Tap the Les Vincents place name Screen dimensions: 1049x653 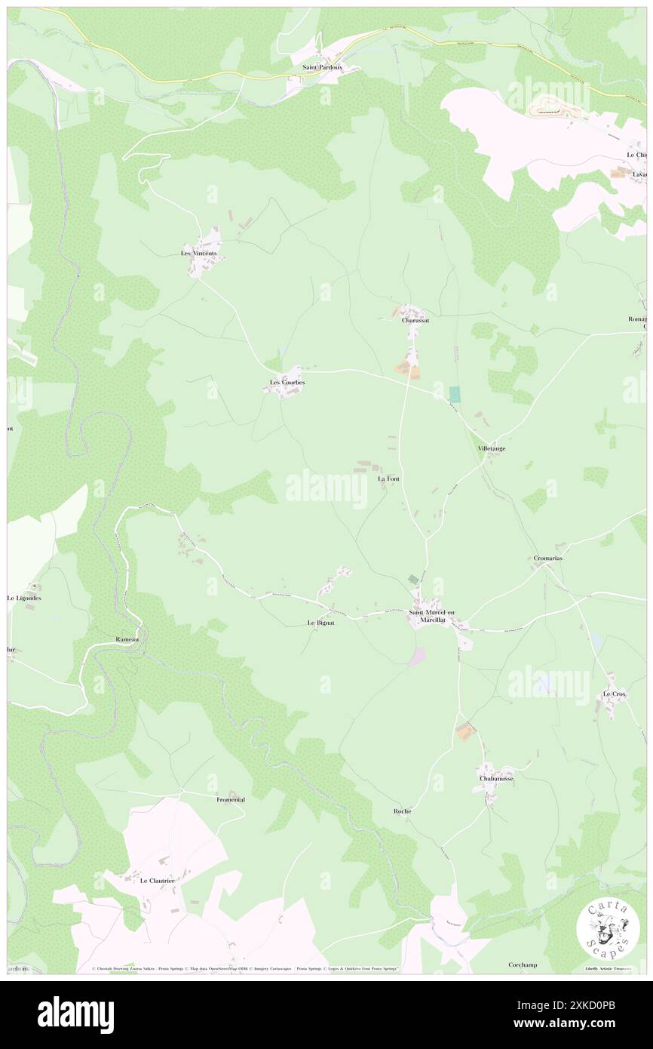click(198, 253)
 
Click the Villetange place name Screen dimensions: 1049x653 click(492, 448)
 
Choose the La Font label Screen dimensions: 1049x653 click(388, 478)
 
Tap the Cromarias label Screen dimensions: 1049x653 click(549, 558)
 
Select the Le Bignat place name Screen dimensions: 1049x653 click(320, 623)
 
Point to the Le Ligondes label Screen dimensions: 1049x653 click(24, 598)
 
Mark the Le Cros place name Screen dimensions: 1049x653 click(614, 694)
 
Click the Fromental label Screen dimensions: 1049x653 click(231, 799)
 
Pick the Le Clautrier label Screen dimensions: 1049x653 click(157, 880)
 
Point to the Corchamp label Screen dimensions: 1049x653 click(523, 964)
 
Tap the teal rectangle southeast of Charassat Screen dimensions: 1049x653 click(455, 394)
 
